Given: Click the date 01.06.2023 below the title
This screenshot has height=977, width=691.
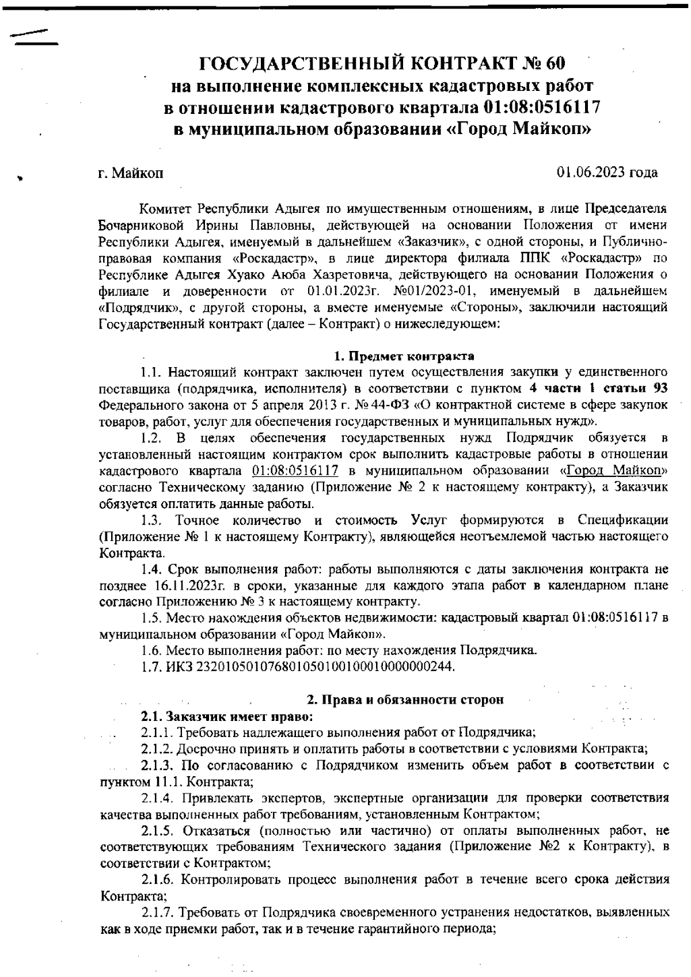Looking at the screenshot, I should (x=591, y=172).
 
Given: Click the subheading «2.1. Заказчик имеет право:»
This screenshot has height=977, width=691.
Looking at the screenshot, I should (x=227, y=717).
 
